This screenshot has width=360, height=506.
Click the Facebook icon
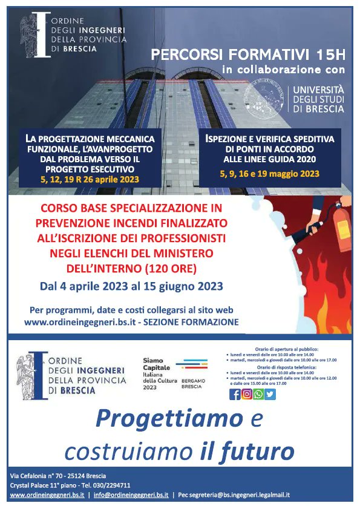pos(235,394)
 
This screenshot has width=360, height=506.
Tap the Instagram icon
pos(246,394)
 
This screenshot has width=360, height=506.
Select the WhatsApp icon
pos(258,394)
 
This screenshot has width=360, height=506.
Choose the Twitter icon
pos(270,394)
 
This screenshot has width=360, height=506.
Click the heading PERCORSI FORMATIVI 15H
pos(248,55)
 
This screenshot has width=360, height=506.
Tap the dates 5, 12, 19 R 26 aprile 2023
pos(90,179)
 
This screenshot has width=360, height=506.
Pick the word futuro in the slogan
pos(264,451)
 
